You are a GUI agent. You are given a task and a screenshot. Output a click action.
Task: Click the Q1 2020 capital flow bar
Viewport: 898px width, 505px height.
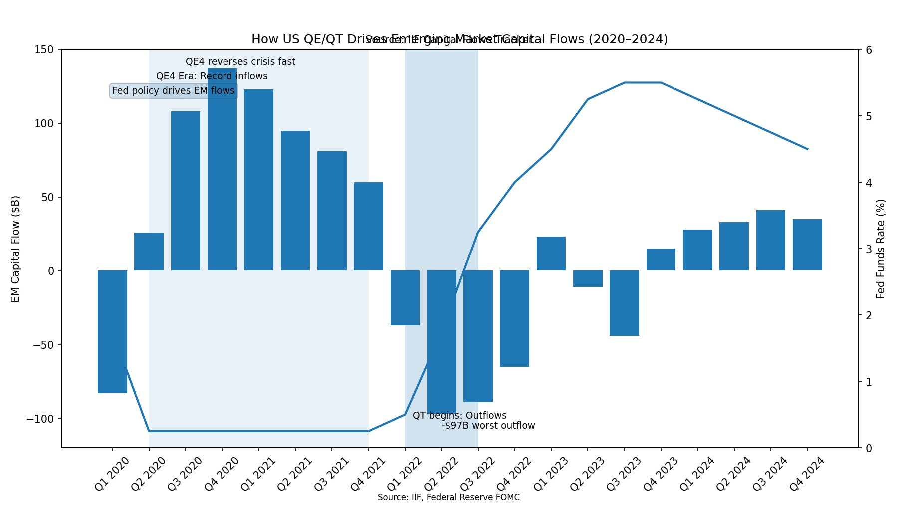click(112, 332)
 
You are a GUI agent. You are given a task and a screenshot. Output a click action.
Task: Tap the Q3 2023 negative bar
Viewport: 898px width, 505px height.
click(624, 303)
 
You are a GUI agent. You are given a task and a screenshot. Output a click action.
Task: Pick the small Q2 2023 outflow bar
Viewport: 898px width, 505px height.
click(588, 278)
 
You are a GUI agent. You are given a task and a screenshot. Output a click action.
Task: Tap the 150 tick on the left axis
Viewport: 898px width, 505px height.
click(44, 50)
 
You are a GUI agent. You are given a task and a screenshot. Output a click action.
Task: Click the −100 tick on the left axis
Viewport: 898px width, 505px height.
click(40, 418)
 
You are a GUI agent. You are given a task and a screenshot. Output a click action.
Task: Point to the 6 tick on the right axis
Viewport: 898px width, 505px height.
click(869, 50)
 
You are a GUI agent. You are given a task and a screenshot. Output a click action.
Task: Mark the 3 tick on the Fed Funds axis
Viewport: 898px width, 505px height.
click(869, 249)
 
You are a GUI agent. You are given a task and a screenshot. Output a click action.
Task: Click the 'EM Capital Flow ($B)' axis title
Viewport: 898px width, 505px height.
click(15, 249)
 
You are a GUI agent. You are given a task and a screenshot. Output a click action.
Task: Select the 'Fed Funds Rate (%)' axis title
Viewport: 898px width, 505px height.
click(881, 249)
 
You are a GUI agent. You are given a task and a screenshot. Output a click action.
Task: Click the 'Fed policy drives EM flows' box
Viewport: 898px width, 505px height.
click(173, 91)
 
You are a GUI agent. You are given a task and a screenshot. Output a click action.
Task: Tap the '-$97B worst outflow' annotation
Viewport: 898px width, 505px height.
click(488, 426)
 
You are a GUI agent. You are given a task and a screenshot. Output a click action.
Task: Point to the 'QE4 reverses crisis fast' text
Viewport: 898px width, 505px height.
click(240, 62)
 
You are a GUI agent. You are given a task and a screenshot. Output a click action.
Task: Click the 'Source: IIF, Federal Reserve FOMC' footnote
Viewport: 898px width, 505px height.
click(449, 497)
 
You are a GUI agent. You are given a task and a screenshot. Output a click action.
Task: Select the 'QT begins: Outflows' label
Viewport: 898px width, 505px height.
click(459, 416)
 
